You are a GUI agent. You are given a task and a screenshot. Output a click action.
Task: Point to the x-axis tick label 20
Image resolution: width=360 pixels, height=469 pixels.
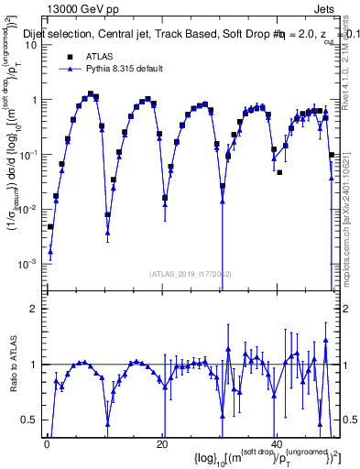click(161, 444)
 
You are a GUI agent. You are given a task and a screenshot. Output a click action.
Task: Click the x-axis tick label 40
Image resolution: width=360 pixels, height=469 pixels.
click(275, 444)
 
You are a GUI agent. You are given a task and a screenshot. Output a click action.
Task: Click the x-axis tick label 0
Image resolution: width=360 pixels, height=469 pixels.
click(47, 444)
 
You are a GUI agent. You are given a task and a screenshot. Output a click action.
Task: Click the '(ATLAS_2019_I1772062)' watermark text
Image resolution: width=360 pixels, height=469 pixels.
click(193, 273)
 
